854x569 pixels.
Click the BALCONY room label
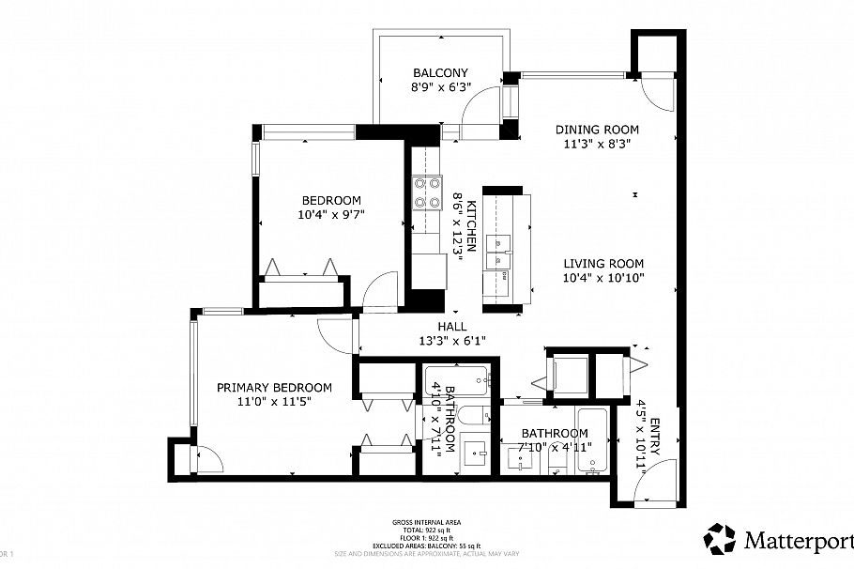coord(440,72)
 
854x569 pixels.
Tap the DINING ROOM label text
coord(596,130)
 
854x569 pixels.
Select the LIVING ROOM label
coord(602,264)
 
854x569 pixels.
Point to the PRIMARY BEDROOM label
coord(274,387)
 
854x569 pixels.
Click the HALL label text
coord(451,326)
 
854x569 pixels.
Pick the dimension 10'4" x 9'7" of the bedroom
coord(331,215)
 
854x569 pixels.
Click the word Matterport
coord(799,541)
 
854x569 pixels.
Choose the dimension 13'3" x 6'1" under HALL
coord(451,341)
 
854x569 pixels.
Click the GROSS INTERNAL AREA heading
coord(427,522)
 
